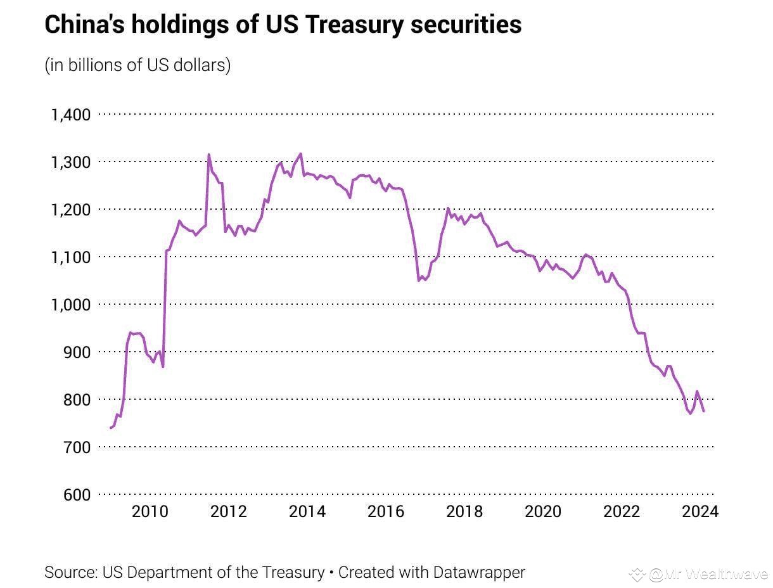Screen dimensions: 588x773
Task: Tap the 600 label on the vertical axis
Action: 76,495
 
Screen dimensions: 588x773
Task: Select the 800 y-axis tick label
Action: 76,400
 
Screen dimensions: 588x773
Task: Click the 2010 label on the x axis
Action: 150,511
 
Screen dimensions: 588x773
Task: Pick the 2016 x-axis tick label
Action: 385,511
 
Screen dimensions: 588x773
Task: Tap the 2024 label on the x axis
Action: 700,511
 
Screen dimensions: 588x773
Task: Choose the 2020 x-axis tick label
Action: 542,511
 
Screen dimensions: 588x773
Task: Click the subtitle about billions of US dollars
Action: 137,65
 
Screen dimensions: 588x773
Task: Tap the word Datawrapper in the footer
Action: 479,572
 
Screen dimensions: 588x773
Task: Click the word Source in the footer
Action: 70,572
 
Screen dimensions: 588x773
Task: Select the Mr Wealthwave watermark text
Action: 707,574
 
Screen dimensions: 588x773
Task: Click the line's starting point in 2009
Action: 111,428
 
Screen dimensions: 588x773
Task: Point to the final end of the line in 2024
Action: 703,411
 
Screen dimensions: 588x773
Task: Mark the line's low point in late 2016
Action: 419,280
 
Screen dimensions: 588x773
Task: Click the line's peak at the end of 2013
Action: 300,153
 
